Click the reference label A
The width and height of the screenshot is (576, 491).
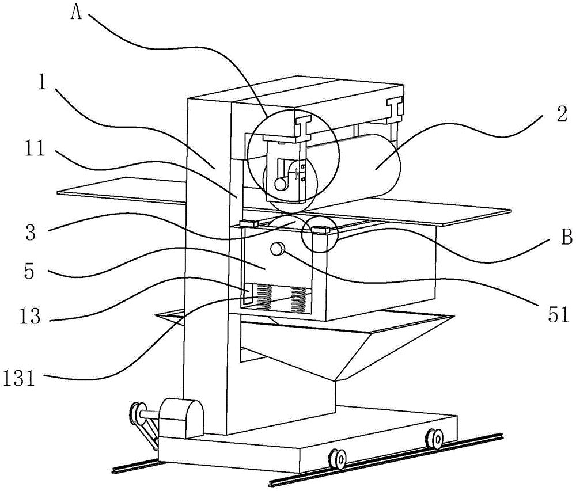coord(75,13)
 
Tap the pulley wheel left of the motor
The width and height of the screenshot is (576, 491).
coord(137,413)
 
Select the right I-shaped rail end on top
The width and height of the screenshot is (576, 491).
coord(395,111)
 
